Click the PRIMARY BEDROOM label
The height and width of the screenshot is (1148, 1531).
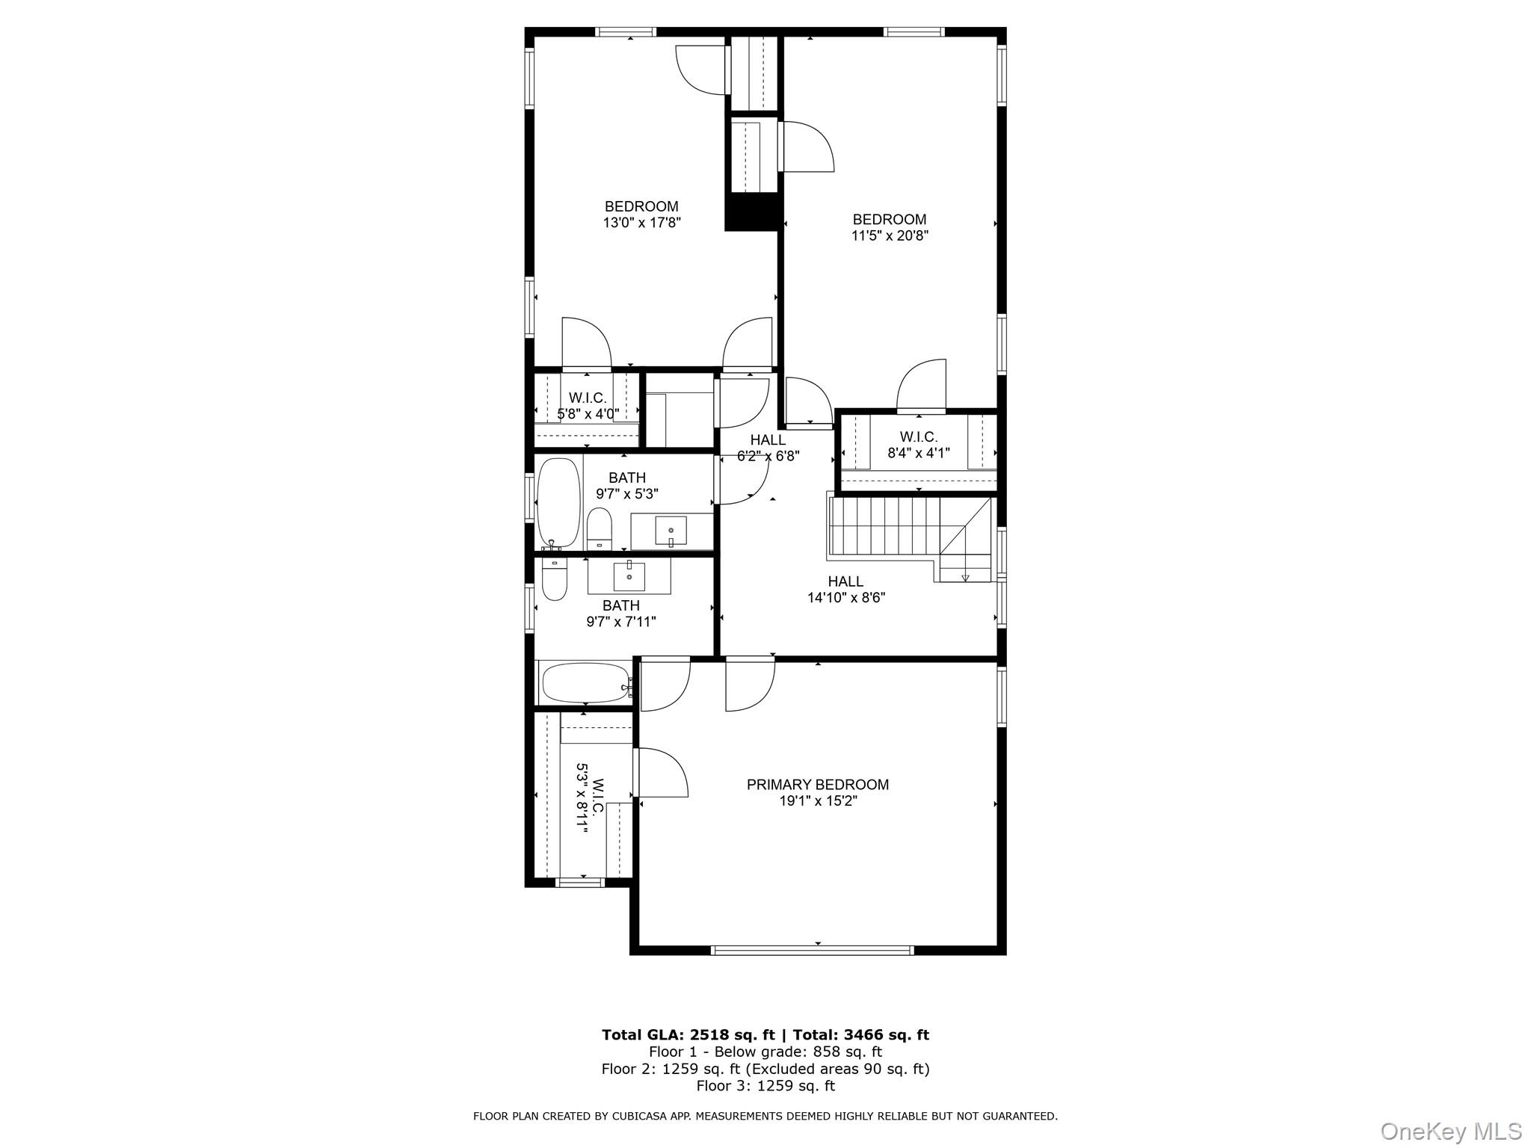[x=817, y=785]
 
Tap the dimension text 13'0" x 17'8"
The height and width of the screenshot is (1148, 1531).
[x=641, y=223]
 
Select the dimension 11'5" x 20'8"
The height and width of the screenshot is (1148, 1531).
[x=890, y=236]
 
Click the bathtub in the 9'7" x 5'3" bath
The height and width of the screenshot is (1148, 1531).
[x=558, y=502]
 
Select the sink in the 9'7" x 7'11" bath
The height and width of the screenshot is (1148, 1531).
[x=629, y=576]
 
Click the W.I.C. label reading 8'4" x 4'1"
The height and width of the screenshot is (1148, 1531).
[x=919, y=445]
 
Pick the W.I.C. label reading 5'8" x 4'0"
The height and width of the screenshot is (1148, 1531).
[x=588, y=406]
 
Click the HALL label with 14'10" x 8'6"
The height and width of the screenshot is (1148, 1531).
[x=845, y=590]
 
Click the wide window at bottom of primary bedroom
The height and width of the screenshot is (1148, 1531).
[x=812, y=951]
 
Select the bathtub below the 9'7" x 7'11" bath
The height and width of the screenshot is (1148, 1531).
[x=585, y=683]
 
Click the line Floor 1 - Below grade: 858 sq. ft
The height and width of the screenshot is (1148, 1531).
[x=765, y=1052]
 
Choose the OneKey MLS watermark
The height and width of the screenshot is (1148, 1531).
[x=1450, y=1132]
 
